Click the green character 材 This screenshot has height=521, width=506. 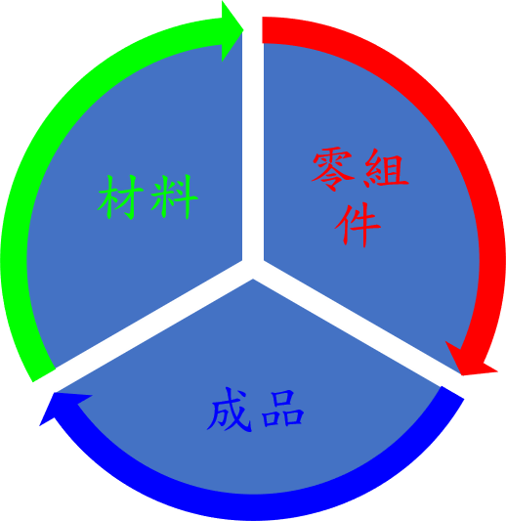(x=120, y=197)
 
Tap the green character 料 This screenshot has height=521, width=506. (x=174, y=197)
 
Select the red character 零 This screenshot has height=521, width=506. (x=333, y=169)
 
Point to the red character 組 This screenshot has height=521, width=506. (x=386, y=168)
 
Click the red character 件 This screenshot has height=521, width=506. (x=358, y=225)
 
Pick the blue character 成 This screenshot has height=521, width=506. (x=230, y=410)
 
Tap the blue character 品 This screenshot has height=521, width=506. (x=282, y=409)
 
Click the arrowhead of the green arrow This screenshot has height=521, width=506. (x=232, y=30)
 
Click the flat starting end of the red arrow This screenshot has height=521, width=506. (x=263, y=30)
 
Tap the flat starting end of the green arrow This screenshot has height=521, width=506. (x=44, y=375)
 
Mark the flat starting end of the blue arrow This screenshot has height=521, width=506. (x=452, y=392)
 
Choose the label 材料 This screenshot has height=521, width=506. (x=148, y=197)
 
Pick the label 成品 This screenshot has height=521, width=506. (x=255, y=410)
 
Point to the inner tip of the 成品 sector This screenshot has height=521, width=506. (x=253, y=280)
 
